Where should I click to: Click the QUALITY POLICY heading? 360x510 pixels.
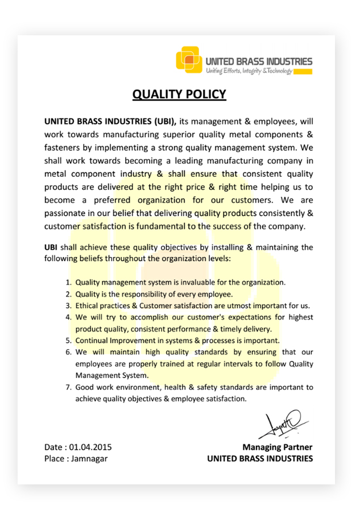[179, 94]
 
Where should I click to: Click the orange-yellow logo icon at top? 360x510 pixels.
[189, 60]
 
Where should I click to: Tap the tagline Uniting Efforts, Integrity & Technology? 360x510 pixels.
[249, 71]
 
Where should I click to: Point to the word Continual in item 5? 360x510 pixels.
[93, 341]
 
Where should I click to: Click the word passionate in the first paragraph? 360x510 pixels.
[65, 213]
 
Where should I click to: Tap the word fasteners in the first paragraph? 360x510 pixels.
[62, 147]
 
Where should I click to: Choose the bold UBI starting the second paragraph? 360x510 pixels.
[51, 247]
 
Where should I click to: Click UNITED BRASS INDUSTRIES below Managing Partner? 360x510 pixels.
[260, 458]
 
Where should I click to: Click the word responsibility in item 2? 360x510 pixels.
[139, 294]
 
